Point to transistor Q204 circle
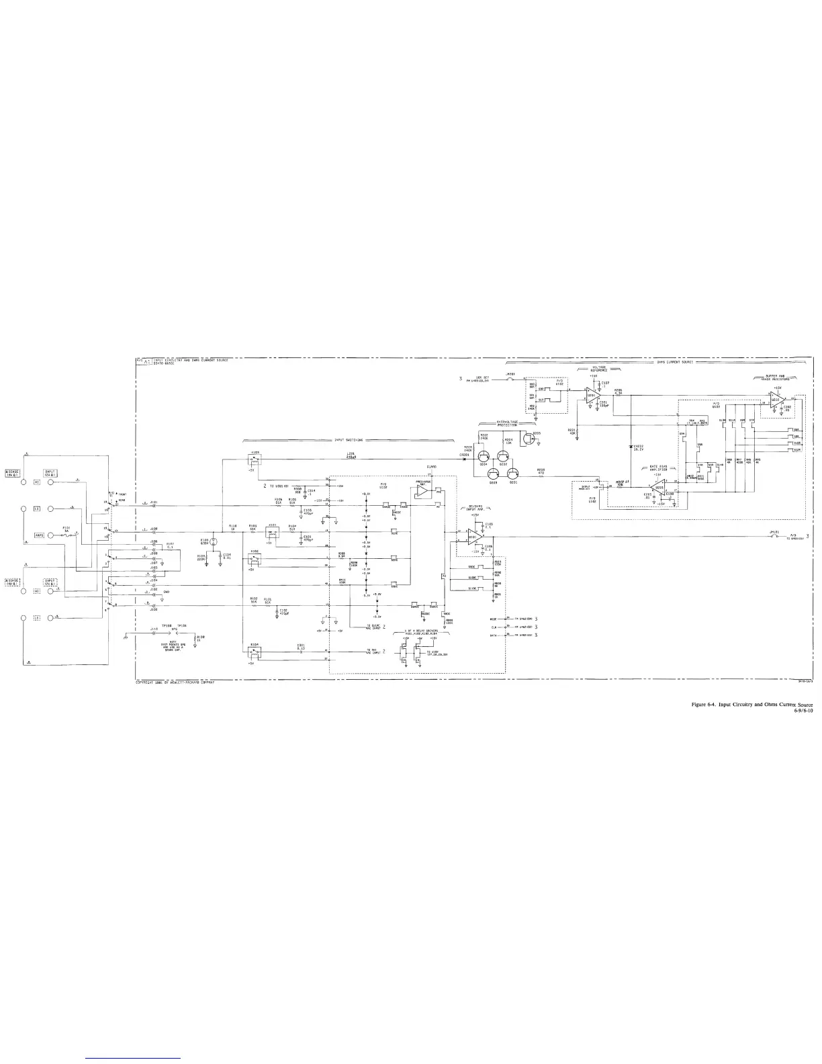(x=484, y=455)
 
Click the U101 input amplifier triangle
(x=474, y=537)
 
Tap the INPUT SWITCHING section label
(x=349, y=441)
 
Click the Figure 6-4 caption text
(x=756, y=704)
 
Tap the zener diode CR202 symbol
(x=631, y=447)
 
